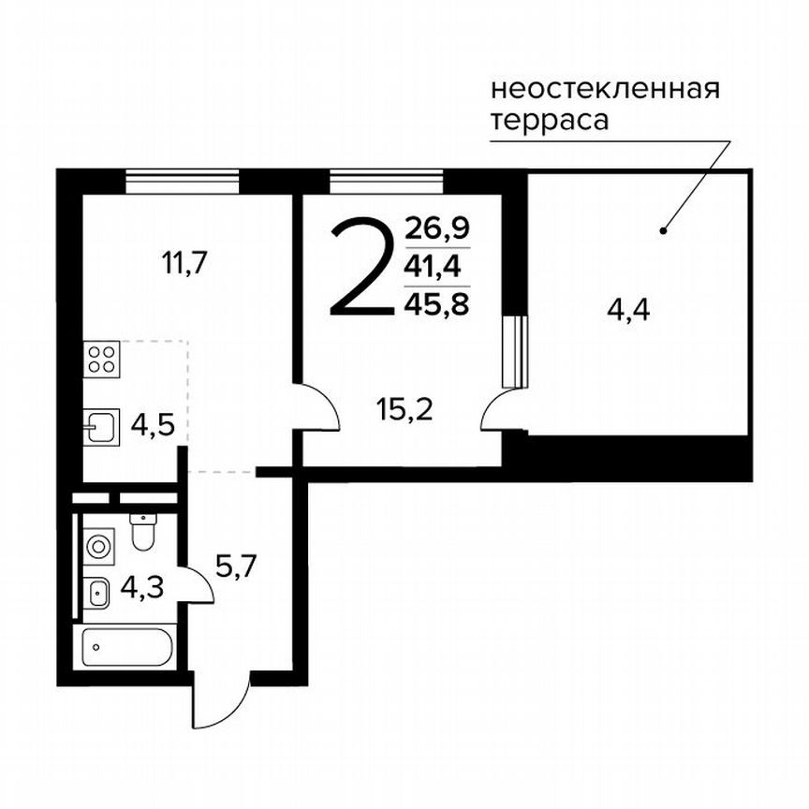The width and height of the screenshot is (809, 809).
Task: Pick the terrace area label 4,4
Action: tap(628, 308)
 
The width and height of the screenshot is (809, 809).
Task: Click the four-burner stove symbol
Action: tap(103, 360)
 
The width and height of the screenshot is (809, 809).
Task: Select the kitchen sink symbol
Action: tap(102, 429)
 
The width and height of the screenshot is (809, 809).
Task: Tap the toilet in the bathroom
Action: tap(142, 533)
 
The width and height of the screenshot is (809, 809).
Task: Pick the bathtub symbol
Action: tap(126, 646)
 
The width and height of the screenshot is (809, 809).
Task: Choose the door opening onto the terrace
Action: tap(501, 412)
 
